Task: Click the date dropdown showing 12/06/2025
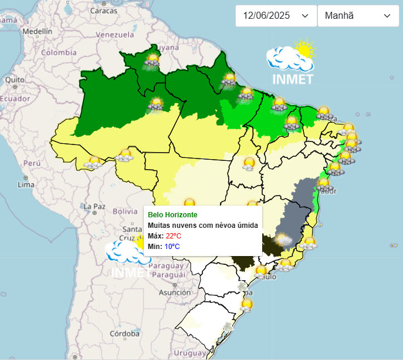(x=275, y=16)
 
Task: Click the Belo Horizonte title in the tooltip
(x=172, y=215)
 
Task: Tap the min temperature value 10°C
(x=172, y=246)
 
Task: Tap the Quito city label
(x=14, y=80)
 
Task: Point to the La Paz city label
(x=93, y=206)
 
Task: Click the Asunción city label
(x=174, y=292)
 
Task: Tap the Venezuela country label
(x=115, y=35)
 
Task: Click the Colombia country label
(x=58, y=52)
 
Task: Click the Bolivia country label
(x=124, y=211)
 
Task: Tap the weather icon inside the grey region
(x=284, y=239)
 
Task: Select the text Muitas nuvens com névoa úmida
(x=203, y=225)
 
